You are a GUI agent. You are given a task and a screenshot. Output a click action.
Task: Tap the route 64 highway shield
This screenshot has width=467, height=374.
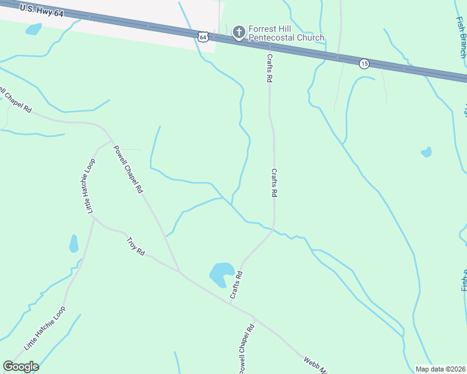pos(202,37)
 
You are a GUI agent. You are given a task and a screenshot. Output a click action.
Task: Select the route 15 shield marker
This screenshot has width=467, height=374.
pos(364,64)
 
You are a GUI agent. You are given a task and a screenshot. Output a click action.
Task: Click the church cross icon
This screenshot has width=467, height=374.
pos(238,32)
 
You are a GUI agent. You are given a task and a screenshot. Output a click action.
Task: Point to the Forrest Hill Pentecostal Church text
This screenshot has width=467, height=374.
pos(286,33)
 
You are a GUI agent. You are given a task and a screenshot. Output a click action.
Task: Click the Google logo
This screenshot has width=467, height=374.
pos(21,367)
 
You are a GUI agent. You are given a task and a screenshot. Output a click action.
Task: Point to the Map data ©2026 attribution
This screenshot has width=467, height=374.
pos(440,369)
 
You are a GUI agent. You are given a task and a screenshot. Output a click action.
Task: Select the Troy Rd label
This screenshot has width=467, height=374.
pos(135,246)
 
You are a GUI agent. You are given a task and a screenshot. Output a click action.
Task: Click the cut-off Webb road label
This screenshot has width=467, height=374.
pos(315,365)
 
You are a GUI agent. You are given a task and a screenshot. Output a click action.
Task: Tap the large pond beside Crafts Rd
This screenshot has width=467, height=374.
pos(222,274)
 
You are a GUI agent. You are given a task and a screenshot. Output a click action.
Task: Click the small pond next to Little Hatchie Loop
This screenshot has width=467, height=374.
pos(74,243)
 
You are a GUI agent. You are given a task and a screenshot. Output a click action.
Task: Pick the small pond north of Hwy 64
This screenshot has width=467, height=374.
pos(33,29)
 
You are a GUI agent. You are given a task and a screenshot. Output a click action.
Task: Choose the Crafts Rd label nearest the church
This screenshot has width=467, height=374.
pos(270,68)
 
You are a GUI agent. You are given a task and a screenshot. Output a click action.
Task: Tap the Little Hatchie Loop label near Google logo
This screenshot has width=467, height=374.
pos(44,328)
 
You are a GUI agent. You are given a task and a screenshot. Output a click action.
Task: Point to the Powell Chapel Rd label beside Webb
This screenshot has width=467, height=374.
pos(246,349)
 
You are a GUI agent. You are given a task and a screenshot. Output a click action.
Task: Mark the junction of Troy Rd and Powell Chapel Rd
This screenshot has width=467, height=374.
pos(180,272)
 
